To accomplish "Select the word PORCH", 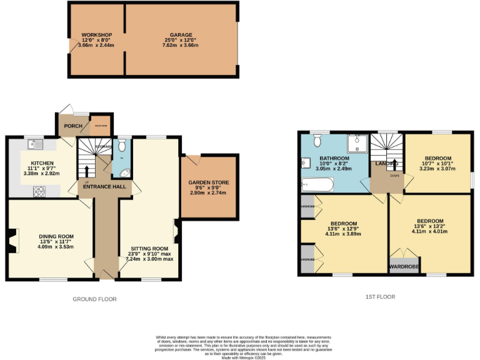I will click(x=74, y=125).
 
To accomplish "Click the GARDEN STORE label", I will click(x=209, y=182).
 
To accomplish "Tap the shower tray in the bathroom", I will click(x=358, y=144).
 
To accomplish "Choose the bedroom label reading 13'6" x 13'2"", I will click(x=430, y=221).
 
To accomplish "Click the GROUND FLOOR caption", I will click(x=95, y=299).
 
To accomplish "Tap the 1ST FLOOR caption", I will click(x=381, y=297).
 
